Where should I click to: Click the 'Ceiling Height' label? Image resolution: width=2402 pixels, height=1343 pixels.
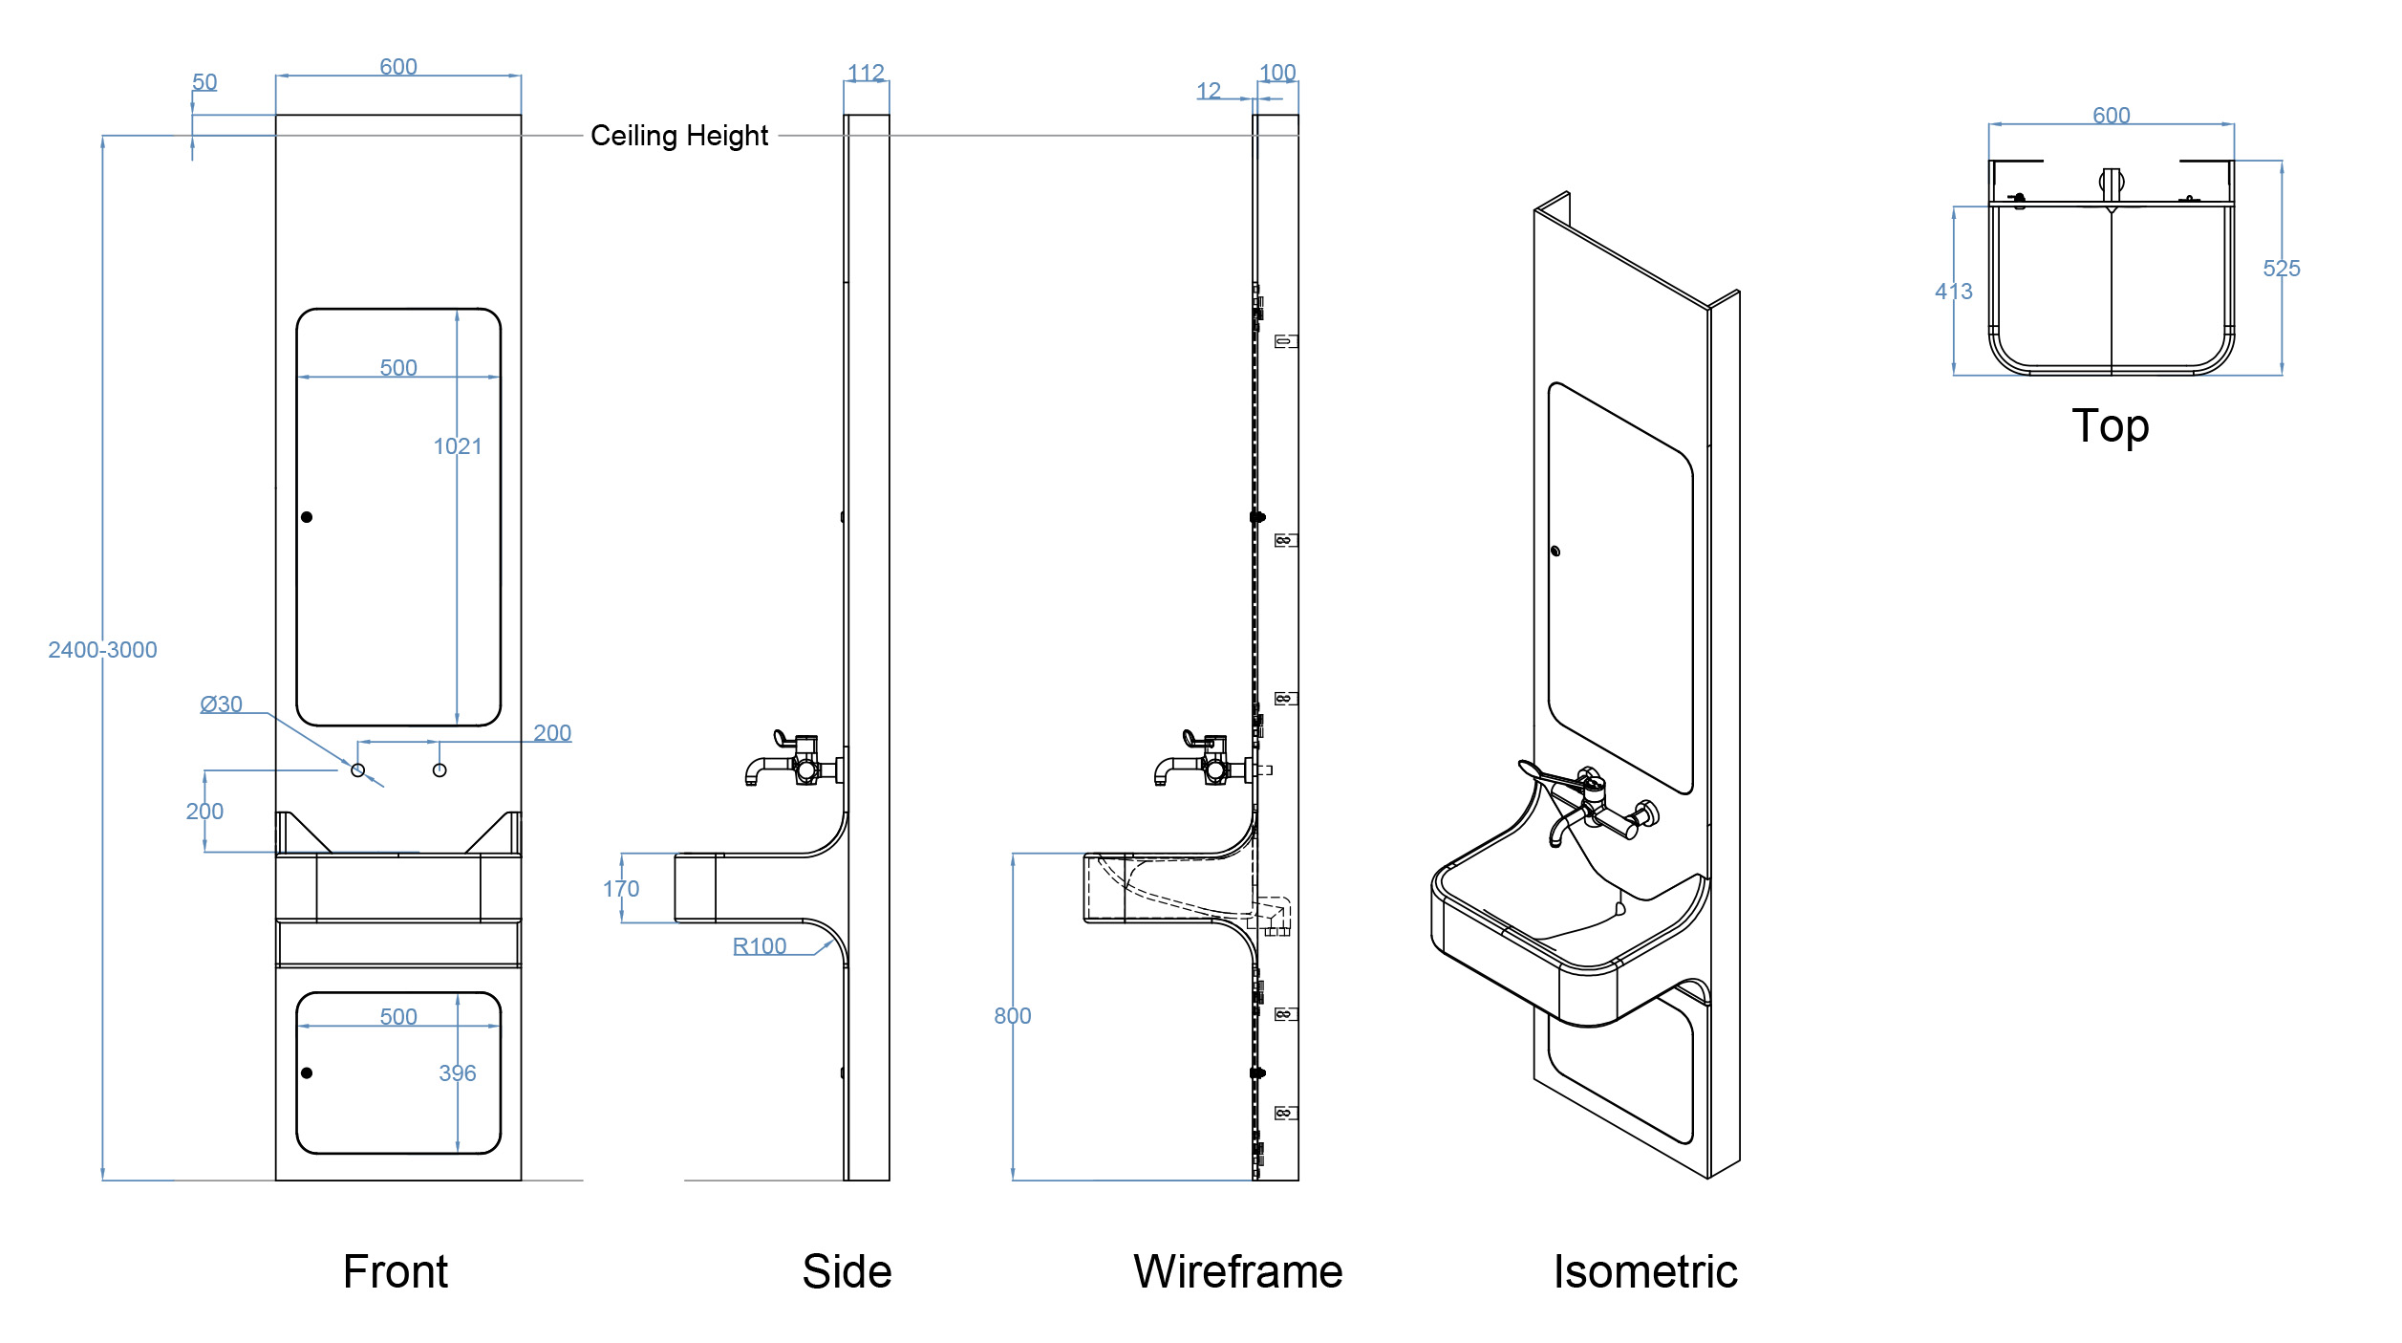pos(678,136)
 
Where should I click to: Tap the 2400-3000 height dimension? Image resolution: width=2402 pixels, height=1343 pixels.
pos(102,650)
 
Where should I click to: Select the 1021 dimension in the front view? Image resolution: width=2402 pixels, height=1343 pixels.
pos(458,446)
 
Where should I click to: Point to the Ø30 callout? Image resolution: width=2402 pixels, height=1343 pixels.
pos(221,704)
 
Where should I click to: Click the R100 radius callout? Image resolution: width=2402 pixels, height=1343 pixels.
pos(759,946)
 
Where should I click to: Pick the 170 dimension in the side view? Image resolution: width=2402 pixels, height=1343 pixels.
pos(621,889)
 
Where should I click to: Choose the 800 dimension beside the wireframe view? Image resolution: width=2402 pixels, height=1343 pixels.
pos(1012,1016)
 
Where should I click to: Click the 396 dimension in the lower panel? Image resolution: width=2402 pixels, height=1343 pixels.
pos(457,1073)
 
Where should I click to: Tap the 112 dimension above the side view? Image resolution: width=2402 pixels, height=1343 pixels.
pos(866,73)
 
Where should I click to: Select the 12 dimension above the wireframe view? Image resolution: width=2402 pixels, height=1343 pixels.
pos(1209,91)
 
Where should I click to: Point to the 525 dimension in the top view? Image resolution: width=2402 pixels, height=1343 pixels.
pos(2281,269)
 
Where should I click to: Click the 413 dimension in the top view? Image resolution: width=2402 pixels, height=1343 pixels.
pos(1953,292)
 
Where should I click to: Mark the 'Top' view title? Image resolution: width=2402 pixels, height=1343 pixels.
pos(2110,426)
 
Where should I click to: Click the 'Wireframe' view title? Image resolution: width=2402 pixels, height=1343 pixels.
pos(1237,1272)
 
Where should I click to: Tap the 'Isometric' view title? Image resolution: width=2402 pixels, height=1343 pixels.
pos(1644,1272)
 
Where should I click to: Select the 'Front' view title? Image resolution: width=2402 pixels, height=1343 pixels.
pos(396,1272)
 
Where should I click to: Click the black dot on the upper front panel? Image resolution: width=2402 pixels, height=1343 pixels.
pos(307,517)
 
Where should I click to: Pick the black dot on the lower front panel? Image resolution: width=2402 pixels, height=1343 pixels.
pos(307,1073)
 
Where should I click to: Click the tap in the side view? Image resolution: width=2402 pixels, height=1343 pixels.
pos(793,761)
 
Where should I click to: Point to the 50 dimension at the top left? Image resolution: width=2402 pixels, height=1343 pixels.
pos(204,82)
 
